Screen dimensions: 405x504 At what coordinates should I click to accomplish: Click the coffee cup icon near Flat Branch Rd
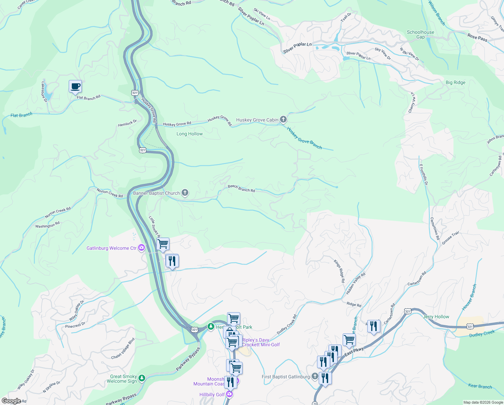[75, 86]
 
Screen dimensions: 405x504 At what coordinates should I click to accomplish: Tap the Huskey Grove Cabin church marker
[284, 119]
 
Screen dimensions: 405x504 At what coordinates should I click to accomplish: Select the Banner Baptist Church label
[157, 193]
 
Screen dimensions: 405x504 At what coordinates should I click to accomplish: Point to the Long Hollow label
[190, 134]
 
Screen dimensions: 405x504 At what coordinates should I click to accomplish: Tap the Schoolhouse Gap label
[420, 34]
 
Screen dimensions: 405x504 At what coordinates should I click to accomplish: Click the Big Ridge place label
[455, 82]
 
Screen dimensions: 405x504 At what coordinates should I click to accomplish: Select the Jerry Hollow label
[436, 317]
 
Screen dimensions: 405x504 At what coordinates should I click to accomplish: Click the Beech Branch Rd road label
[241, 188]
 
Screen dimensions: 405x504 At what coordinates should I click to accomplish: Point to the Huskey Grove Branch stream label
[304, 138]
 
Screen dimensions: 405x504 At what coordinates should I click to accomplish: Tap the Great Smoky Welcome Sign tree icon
[142, 378]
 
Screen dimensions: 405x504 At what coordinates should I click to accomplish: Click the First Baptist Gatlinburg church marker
[315, 376]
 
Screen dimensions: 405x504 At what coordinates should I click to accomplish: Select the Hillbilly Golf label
[212, 395]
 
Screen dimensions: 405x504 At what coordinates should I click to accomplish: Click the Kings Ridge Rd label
[339, 271]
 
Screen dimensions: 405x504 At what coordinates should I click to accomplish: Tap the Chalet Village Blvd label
[123, 348]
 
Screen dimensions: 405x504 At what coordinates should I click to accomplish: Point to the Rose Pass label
[477, 37]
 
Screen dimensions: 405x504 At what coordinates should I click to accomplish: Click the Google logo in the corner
[11, 401]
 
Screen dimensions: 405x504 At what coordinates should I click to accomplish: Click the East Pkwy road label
[354, 351]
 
